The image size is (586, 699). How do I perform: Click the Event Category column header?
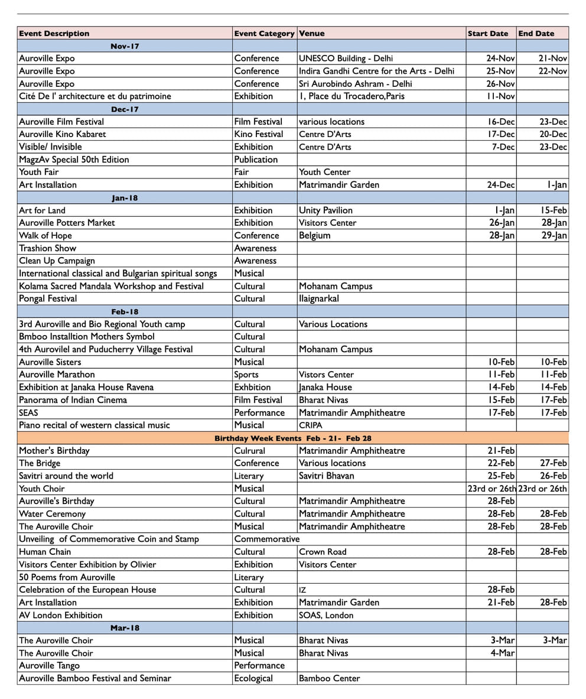[x=264, y=34]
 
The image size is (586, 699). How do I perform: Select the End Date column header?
[x=536, y=34]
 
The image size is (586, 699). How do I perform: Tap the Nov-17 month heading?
[x=125, y=46]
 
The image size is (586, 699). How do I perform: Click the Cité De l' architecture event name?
[x=95, y=96]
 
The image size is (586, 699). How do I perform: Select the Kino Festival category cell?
[x=259, y=134]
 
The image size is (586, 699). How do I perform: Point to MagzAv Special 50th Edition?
[x=74, y=160]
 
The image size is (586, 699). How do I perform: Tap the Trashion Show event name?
[x=47, y=248]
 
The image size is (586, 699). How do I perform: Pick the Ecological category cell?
[x=253, y=678]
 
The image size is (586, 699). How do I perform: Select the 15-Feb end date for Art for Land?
[x=554, y=210]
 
